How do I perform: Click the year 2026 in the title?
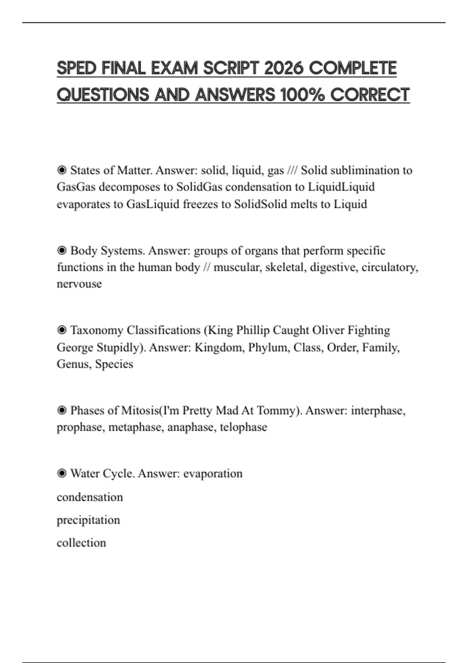[x=284, y=68]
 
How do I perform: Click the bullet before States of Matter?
[x=62, y=170]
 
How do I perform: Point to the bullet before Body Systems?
[x=62, y=250]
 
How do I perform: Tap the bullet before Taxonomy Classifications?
[x=62, y=330]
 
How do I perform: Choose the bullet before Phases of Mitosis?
[x=62, y=410]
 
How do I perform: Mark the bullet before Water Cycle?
[x=62, y=473]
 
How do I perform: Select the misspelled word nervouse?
[x=79, y=284]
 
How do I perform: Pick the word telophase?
[x=243, y=427]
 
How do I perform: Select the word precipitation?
[x=88, y=520]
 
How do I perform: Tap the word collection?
[x=81, y=543]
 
